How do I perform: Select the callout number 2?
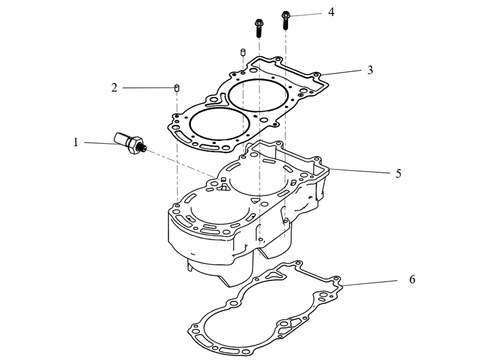pyautogui.click(x=114, y=88)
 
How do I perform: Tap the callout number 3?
pyautogui.click(x=370, y=70)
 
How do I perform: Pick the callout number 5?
pyautogui.click(x=398, y=173)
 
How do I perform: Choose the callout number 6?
pyautogui.click(x=412, y=279)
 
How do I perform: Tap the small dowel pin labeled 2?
pyautogui.click(x=177, y=87)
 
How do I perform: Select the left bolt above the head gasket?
pyautogui.click(x=259, y=28)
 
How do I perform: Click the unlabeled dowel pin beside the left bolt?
pyautogui.click(x=243, y=52)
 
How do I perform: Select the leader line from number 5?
pyautogui.click(x=360, y=171)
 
